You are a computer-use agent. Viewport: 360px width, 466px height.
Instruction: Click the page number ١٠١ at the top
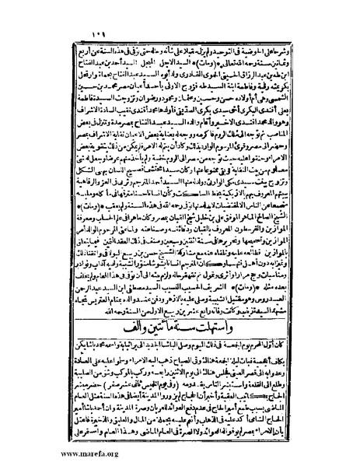[x=80, y=17]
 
